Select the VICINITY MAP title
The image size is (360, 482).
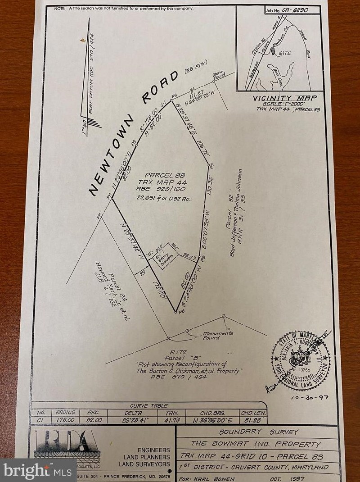click(x=284, y=98)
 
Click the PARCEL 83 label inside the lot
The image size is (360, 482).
click(x=160, y=175)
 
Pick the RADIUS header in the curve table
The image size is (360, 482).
click(x=64, y=412)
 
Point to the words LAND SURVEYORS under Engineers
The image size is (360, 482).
click(x=144, y=464)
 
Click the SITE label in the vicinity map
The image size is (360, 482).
click(x=285, y=53)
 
